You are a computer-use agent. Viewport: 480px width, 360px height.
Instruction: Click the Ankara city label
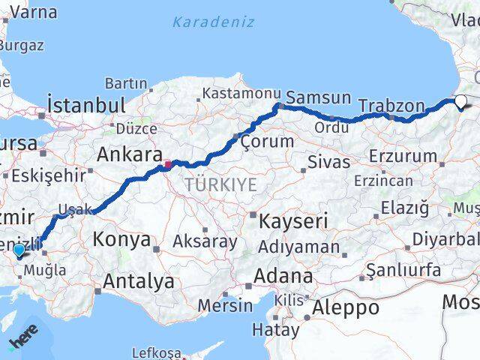tap(130, 155)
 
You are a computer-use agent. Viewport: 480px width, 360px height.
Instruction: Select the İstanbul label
tap(85, 104)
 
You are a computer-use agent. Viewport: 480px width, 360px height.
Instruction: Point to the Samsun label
tap(319, 97)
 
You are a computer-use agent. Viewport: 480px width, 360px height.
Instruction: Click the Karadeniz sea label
tap(213, 22)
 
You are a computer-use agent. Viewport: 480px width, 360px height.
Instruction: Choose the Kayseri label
tap(293, 221)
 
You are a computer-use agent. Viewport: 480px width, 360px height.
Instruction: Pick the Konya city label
tap(121, 239)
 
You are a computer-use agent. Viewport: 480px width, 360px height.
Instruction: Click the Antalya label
tap(140, 282)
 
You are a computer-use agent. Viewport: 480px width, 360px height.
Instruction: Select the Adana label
tap(283, 275)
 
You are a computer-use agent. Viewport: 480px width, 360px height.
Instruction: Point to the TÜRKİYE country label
tap(221, 184)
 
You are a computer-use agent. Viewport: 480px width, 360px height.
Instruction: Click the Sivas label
tap(328, 162)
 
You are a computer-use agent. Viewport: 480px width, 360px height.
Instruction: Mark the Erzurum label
tap(403, 157)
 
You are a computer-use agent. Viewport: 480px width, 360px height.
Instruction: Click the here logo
tap(23, 335)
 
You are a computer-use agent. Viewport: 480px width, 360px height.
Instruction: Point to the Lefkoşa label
tap(156, 352)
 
